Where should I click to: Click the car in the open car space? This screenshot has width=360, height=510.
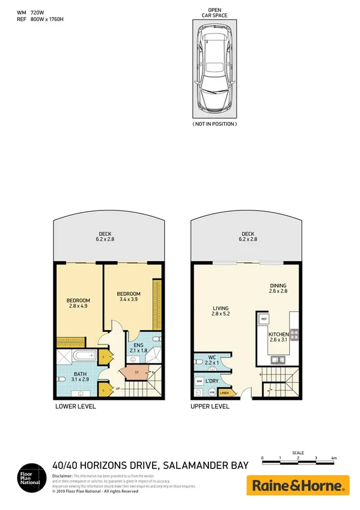[215, 75]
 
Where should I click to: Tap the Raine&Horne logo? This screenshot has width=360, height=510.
[298, 485]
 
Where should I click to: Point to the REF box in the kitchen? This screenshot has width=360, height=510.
[264, 319]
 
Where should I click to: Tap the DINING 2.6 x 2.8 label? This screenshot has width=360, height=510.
[278, 289]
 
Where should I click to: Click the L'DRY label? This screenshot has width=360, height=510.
[211, 381]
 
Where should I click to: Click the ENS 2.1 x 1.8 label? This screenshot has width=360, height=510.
[138, 348]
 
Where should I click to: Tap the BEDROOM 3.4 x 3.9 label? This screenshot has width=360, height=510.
[129, 296]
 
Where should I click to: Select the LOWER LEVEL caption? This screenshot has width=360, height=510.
[75, 406]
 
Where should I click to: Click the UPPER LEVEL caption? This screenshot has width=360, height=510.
[210, 406]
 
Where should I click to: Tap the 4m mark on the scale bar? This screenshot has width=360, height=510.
[334, 458]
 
